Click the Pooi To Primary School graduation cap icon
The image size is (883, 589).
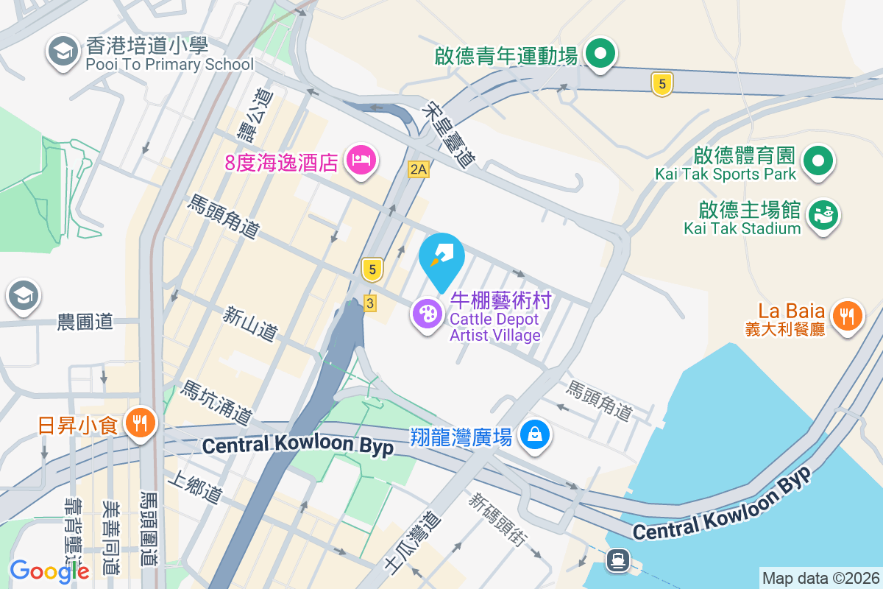[x=63, y=52]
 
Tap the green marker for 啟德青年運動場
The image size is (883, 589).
[x=600, y=54]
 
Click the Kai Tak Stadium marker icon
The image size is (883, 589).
[x=823, y=215]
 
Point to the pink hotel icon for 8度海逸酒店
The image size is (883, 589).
[x=361, y=160]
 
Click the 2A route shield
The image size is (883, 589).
[x=418, y=170]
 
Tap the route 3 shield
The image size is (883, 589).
[x=369, y=303]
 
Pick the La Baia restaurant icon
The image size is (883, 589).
[x=848, y=317]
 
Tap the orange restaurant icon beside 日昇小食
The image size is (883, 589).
[x=138, y=423]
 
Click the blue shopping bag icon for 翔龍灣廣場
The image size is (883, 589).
[x=536, y=434]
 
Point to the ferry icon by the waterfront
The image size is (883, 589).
[x=617, y=561]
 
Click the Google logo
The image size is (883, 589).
[x=49, y=571]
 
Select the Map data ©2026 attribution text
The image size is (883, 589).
[x=820, y=578]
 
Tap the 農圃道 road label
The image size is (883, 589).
[x=85, y=321]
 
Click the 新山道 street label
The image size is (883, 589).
[x=250, y=324]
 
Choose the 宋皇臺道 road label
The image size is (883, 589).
[x=448, y=133]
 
